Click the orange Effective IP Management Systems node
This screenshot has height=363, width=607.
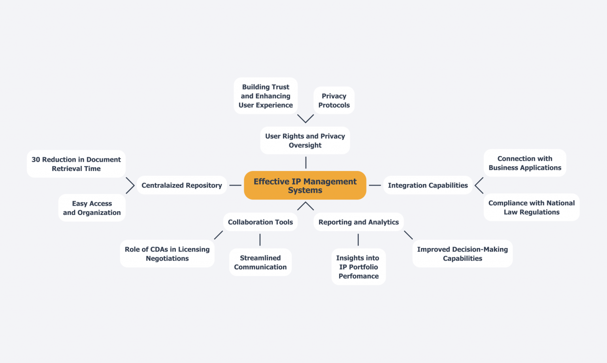pos(305,185)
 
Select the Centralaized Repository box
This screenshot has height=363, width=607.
pos(182,185)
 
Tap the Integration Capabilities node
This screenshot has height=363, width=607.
pos(428,185)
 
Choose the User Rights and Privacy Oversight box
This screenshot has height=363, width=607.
pos(305,141)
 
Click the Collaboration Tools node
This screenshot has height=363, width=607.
pos(260,222)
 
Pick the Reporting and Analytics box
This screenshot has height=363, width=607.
pos(358,222)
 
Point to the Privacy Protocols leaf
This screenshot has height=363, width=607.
pos(334,100)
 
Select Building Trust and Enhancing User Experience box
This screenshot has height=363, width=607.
pos(266,96)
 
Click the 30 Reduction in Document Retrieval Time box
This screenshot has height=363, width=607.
pos(76,164)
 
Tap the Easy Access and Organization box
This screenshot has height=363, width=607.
pos(92,208)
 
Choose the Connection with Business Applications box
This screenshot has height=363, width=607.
pos(525,163)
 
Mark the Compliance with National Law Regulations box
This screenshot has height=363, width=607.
pos(532,207)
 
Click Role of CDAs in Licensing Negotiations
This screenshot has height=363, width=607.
pos(167,254)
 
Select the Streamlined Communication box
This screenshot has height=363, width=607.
pos(260,262)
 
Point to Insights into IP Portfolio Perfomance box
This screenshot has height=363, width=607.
pos(358,267)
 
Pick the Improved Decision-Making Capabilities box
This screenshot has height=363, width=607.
pos(462,254)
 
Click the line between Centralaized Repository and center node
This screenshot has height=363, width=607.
pos(235,185)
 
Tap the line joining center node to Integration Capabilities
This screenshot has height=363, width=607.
pos(375,185)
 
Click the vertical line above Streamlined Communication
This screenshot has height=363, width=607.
pos(260,240)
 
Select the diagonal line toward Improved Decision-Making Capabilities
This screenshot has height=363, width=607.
pos(408,235)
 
